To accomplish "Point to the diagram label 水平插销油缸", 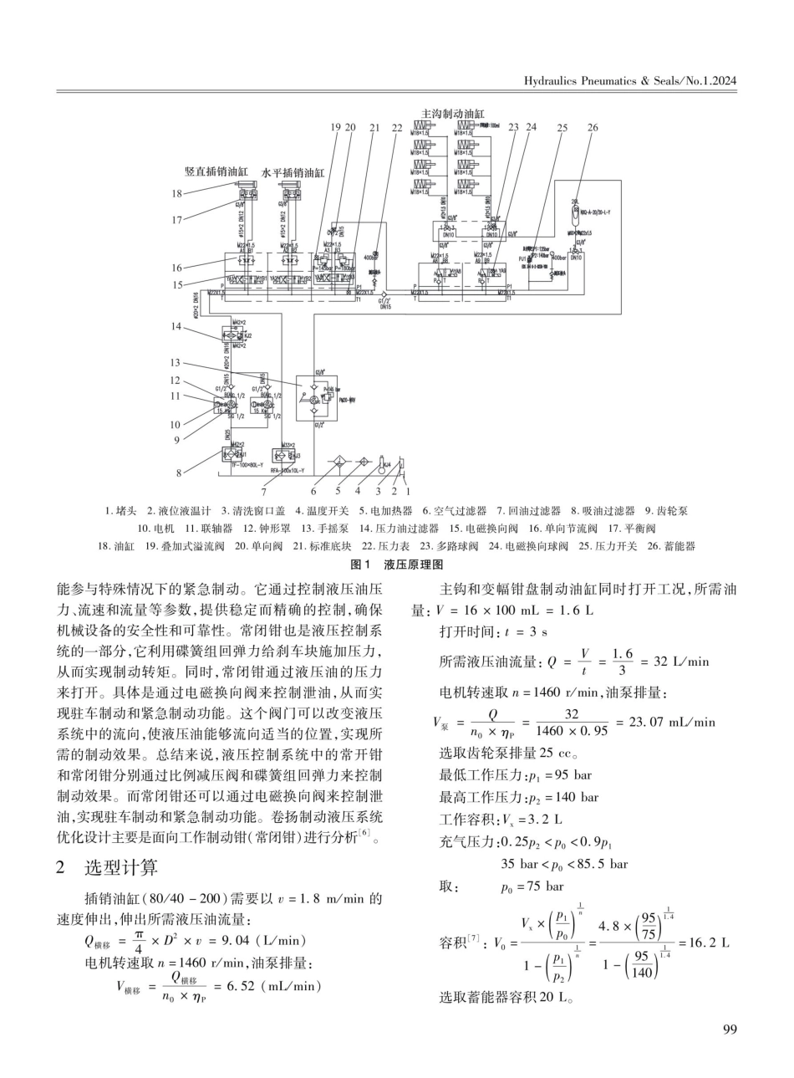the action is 293,171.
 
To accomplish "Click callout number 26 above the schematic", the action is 593,127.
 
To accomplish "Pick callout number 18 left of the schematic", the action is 177,193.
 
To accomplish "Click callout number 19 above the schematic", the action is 336,127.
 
